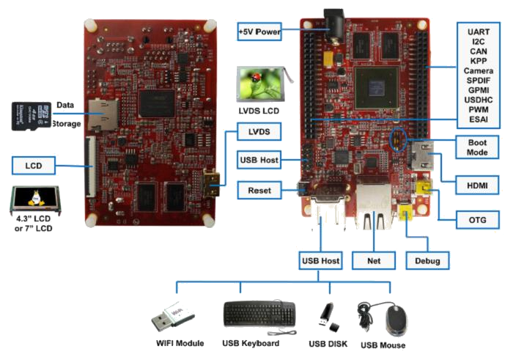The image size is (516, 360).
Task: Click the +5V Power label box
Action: [x=259, y=32]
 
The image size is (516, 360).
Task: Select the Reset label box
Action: [x=259, y=190]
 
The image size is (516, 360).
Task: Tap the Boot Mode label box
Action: [x=477, y=147]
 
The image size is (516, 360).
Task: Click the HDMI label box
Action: [x=477, y=185]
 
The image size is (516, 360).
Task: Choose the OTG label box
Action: [x=477, y=220]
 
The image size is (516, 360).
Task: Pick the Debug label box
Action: [x=427, y=261]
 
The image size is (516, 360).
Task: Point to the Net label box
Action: [x=374, y=261]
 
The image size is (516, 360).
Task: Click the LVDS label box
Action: [x=259, y=132]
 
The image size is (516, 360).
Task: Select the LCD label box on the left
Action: [x=34, y=166]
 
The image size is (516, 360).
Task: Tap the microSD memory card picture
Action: [x=32, y=116]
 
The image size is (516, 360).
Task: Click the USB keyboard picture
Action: [x=259, y=317]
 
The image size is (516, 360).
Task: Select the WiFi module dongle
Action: [x=173, y=315]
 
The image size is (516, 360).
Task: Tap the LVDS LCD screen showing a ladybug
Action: [x=262, y=84]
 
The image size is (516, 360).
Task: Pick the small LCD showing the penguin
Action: [x=35, y=199]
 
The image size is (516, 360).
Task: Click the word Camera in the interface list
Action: [x=478, y=70]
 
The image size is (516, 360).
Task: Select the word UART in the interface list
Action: [x=478, y=32]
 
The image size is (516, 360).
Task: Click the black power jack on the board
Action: [x=335, y=26]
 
